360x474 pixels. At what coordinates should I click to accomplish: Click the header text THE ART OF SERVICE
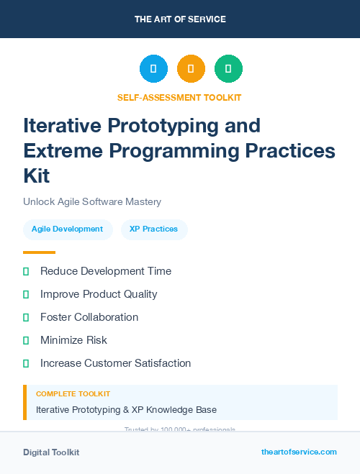pyautogui.click(x=180, y=19)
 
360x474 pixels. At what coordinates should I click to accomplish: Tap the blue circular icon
pyautogui.click(x=153, y=69)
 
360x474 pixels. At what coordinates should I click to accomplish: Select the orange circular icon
pyautogui.click(x=191, y=69)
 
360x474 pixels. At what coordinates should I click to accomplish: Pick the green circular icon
pyautogui.click(x=228, y=69)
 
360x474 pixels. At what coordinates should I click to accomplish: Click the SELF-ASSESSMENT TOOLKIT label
pyautogui.click(x=179, y=97)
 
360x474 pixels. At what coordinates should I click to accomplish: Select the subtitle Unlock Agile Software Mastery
pyautogui.click(x=92, y=202)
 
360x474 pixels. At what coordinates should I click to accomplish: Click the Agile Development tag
pyautogui.click(x=68, y=229)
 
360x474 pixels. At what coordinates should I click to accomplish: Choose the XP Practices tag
pyautogui.click(x=153, y=229)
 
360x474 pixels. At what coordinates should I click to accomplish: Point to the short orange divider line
pyautogui.click(x=39, y=252)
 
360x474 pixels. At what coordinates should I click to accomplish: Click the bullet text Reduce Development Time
pyautogui.click(x=106, y=271)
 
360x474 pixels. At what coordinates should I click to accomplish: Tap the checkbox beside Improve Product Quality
pyautogui.click(x=26, y=294)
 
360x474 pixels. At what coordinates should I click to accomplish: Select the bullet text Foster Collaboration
pyautogui.click(x=89, y=317)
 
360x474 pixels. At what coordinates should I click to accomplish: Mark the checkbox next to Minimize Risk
pyautogui.click(x=26, y=340)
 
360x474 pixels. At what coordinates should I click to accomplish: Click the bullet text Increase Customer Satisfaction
pyautogui.click(x=115, y=363)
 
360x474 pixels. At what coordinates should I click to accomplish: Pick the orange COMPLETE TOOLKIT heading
pyautogui.click(x=73, y=394)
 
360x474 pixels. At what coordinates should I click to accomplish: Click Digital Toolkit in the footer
pyautogui.click(x=51, y=452)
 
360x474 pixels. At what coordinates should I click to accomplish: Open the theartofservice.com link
pyautogui.click(x=299, y=452)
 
